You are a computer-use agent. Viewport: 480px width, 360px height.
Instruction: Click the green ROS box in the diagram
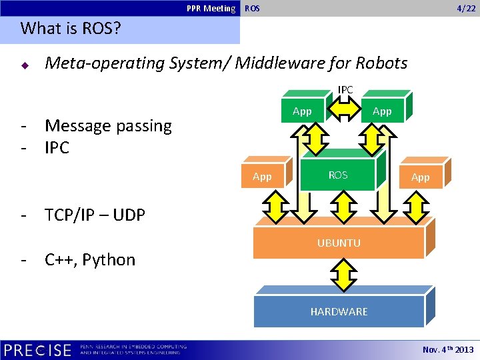[338, 175]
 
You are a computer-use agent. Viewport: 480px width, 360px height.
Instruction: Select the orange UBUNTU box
[339, 243]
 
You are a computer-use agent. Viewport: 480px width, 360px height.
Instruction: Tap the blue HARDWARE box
[339, 311]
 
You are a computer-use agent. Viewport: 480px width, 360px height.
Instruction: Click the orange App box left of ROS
[263, 177]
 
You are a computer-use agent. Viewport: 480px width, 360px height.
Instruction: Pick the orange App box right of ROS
[420, 177]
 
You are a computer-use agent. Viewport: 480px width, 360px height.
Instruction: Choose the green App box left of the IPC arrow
[302, 111]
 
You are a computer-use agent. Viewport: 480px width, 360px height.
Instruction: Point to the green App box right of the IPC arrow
[381, 111]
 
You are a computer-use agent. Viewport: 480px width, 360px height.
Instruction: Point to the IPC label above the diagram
[345, 89]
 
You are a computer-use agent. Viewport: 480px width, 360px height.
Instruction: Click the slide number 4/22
[465, 8]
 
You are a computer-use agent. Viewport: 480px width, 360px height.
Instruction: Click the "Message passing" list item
[108, 125]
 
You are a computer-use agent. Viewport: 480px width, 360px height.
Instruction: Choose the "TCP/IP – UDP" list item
[95, 215]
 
